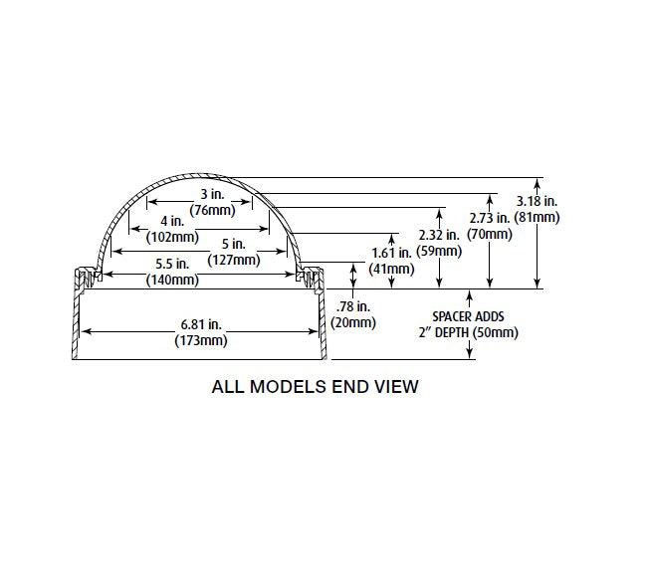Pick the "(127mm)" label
point(234,260)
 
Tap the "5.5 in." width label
point(170,265)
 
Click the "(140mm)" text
point(170,281)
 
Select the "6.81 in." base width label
point(203,325)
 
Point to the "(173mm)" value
point(203,340)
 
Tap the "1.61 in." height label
point(391,254)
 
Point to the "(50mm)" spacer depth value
point(496,332)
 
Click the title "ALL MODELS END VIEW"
point(315,386)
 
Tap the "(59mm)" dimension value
point(441,251)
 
